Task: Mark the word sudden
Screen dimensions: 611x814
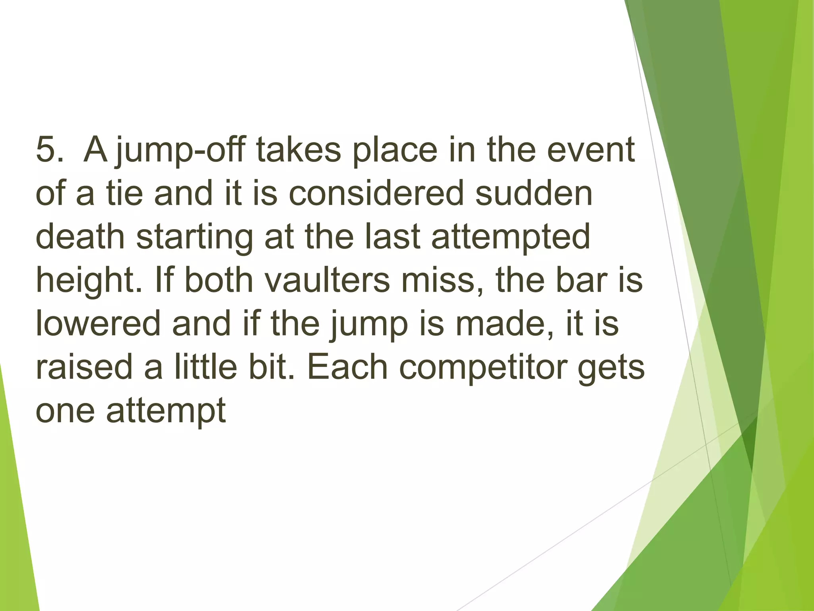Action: (x=534, y=193)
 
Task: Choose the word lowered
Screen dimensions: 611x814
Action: (x=97, y=323)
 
